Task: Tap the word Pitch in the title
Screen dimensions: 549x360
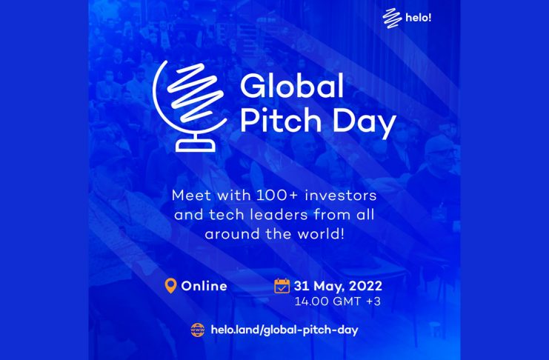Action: pos(281,121)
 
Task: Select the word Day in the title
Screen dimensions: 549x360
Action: pos(364,123)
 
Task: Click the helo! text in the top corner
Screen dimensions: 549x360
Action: pos(419,17)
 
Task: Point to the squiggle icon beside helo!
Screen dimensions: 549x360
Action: pos(392,18)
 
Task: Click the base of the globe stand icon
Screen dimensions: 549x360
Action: pos(196,144)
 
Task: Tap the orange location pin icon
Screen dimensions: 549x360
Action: pos(170,286)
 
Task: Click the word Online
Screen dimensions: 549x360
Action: pos(204,286)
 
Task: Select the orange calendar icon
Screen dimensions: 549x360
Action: pos(282,286)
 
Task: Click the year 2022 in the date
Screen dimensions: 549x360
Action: pos(365,286)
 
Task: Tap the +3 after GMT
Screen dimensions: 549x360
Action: pos(373,301)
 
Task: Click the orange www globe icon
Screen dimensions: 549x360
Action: pos(198,330)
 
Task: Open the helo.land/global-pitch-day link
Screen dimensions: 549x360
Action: pos(285,330)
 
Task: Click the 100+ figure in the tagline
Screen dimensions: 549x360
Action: pos(277,195)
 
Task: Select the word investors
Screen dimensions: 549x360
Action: pos(341,195)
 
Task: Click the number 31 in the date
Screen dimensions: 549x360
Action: pos(301,286)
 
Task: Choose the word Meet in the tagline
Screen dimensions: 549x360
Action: pos(191,195)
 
